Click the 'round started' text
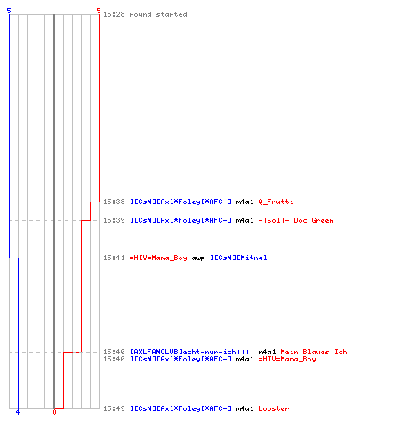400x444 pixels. (158, 14)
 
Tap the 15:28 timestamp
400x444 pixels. (114, 14)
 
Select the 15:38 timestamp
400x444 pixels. (114, 202)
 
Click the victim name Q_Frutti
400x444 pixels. (276, 202)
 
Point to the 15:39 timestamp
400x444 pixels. (114, 220)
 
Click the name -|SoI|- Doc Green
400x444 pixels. (296, 220)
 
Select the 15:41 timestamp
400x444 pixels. (114, 258)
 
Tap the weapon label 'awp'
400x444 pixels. (198, 258)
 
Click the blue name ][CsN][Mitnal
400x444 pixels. (238, 258)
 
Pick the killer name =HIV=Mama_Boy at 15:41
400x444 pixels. (158, 258)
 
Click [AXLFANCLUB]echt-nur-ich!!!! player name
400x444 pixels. (192, 352)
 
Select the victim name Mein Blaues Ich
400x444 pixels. (314, 352)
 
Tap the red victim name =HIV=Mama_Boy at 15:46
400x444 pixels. (287, 359)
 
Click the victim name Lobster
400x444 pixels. (274, 408)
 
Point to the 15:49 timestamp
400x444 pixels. (114, 408)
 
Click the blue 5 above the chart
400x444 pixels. (9, 11)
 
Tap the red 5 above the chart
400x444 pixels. (99, 11)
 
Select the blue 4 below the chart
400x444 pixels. (18, 412)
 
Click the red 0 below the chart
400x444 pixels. (54, 412)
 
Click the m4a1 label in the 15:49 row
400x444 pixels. (244, 408)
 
